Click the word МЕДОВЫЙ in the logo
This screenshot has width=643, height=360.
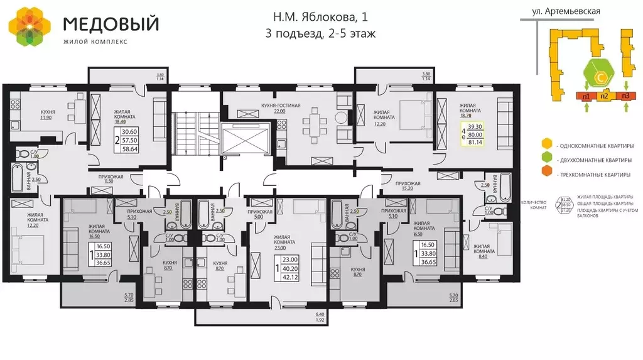click(111, 24)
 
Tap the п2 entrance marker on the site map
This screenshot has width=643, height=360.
click(603, 96)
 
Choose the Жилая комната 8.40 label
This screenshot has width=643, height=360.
click(485, 250)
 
